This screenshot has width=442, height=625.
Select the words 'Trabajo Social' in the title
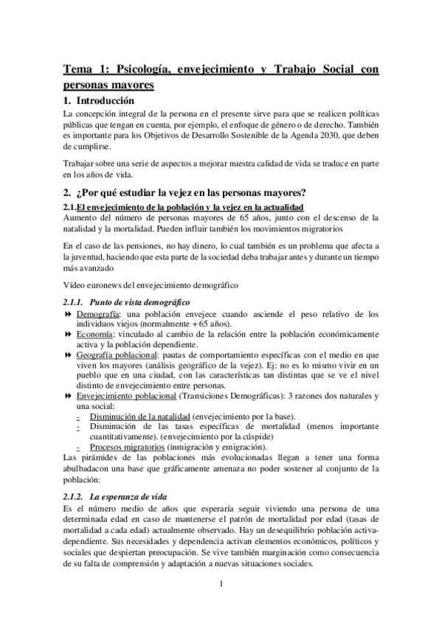click(x=310, y=70)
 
